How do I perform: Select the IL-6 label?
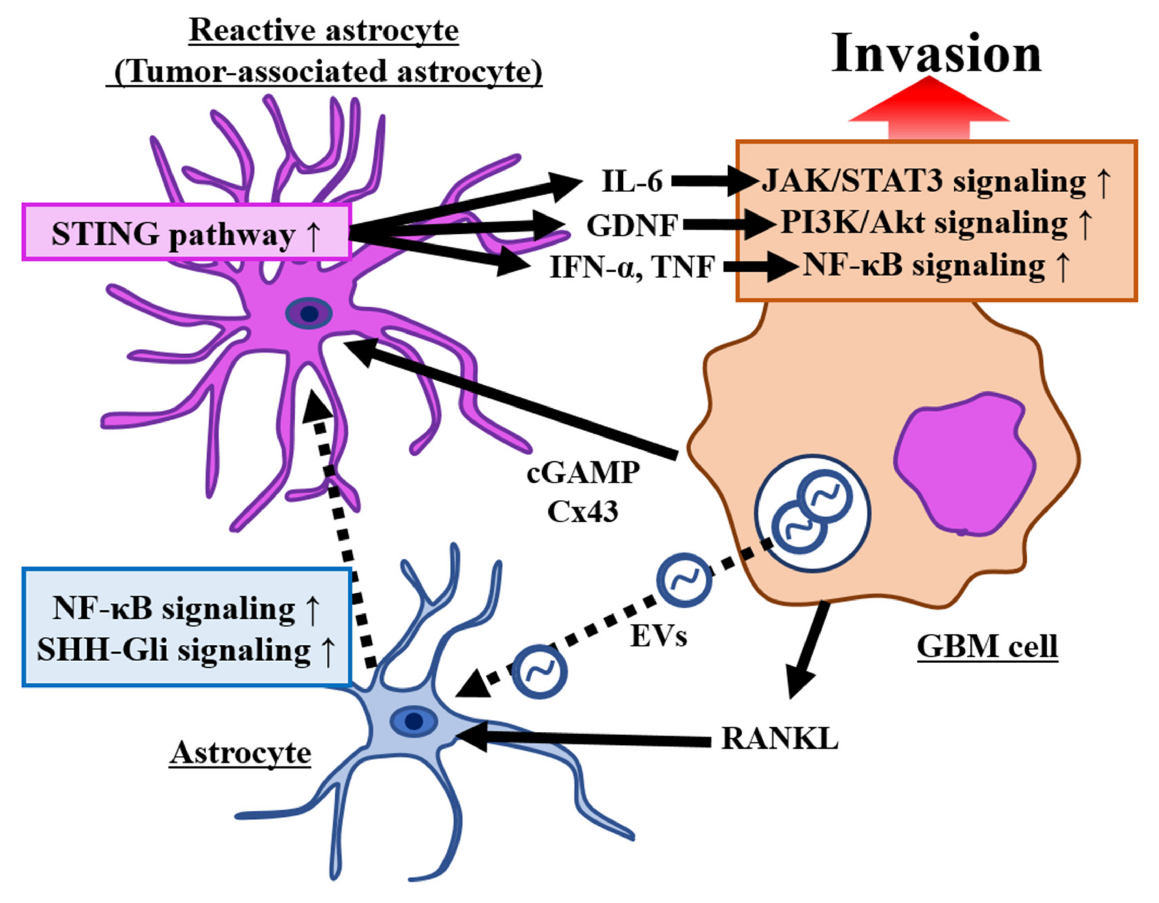632,181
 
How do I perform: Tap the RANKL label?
780,738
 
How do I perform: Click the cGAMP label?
583,472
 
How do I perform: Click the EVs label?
658,635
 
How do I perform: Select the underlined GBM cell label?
987,647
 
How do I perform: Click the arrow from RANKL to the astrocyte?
584,738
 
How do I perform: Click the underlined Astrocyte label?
240,753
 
